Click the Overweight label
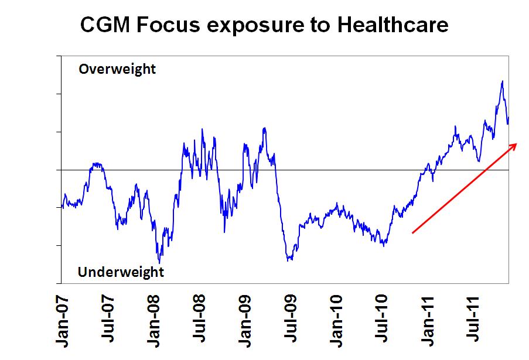(x=117, y=69)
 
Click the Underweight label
(x=121, y=272)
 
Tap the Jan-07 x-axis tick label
(x=62, y=320)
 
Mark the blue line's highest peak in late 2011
(x=502, y=81)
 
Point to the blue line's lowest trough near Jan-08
(x=159, y=262)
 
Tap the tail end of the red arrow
(x=413, y=233)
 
